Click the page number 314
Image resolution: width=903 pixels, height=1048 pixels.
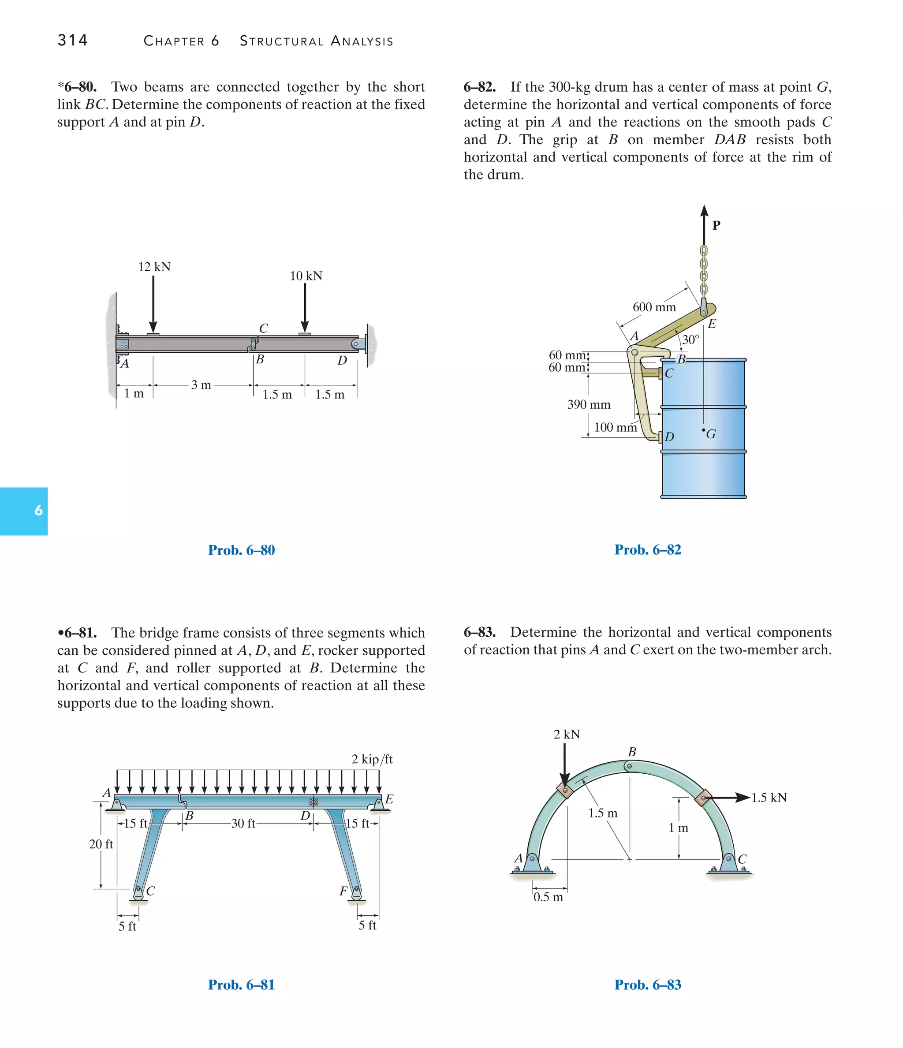pos(73,40)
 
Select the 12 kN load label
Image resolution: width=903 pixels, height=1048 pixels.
pos(154,267)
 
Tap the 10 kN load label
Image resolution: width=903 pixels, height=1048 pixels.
pos(306,276)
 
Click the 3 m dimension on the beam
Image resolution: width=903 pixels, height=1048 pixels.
pos(201,385)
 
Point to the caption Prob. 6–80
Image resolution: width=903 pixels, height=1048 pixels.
pos(241,550)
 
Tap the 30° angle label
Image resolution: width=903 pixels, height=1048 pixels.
pos(690,339)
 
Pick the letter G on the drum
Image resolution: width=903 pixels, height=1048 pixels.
pos(711,434)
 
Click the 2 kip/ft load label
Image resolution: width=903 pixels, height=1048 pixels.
pos(372,759)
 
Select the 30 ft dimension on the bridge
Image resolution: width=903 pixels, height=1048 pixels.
pos(243,824)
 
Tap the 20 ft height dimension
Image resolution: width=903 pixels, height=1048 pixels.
pos(101,844)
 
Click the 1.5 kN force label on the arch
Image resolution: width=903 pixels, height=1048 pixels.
pos(769,798)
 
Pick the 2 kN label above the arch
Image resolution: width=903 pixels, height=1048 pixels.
pos(567,735)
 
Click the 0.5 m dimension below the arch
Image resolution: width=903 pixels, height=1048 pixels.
pos(548,897)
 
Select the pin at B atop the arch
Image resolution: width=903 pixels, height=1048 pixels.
pos(629,766)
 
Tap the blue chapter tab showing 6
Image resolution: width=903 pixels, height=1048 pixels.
pos(24,511)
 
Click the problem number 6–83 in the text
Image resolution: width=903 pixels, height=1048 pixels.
pos(479,632)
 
